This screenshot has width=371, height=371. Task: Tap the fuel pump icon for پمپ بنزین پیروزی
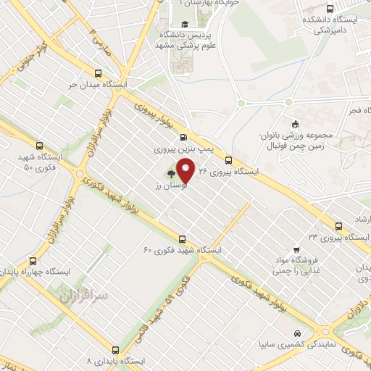[181, 137]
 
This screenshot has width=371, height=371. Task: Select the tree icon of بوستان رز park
[171, 174]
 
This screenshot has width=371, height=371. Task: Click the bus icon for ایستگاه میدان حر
[99, 72]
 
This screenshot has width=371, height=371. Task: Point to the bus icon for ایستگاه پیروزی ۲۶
[228, 159]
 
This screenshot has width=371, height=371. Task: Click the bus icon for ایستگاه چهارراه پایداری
[32, 261]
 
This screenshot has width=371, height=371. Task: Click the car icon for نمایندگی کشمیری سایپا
[297, 334]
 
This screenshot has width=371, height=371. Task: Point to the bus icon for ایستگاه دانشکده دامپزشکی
[330, 10]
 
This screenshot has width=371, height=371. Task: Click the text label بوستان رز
[166, 186]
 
